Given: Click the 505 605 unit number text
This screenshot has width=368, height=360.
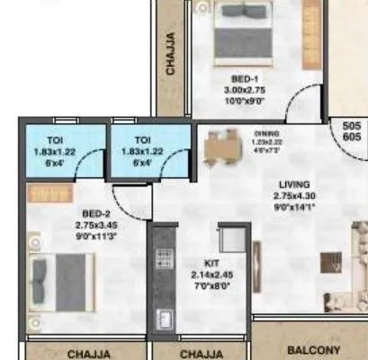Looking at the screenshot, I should (352, 132).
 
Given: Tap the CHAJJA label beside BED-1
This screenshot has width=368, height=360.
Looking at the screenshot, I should (172, 53).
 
